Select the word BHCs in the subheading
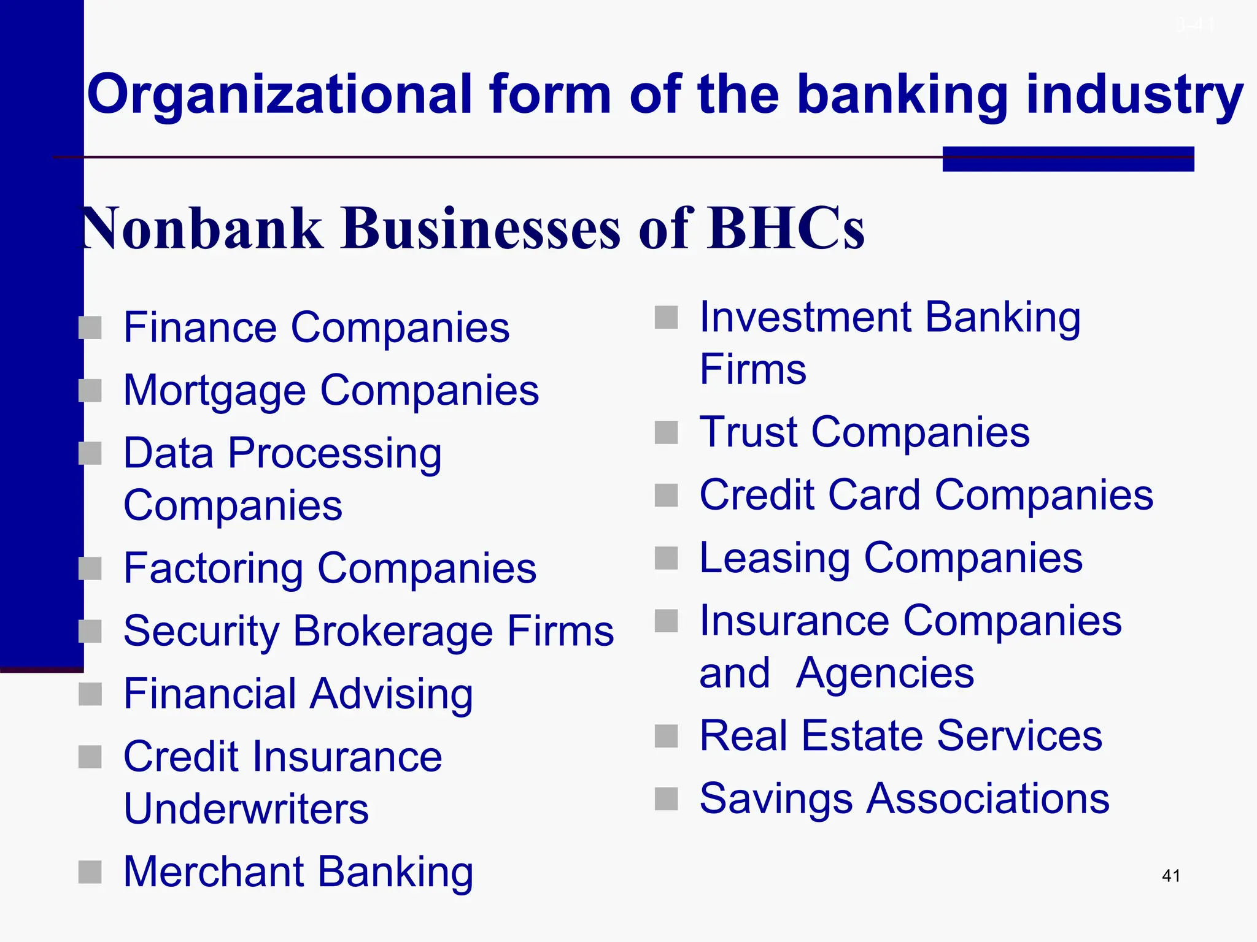(786, 228)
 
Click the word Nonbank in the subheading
(203, 228)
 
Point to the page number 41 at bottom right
(1171, 876)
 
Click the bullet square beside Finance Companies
(90, 327)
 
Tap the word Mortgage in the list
(214, 391)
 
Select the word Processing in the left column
(335, 454)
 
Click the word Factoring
(213, 569)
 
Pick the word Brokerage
(393, 632)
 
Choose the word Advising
(391, 695)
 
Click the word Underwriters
(246, 809)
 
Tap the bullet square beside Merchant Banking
(90, 872)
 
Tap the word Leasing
(775, 559)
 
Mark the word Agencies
(884, 673)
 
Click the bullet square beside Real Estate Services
(667, 736)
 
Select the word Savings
(776, 799)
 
